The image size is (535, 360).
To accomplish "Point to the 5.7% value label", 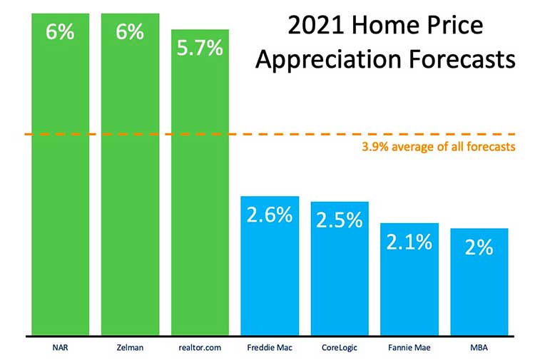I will pyautogui.click(x=200, y=48).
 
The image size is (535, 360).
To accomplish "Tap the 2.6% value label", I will pyautogui.click(x=270, y=214).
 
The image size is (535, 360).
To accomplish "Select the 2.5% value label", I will pyautogui.click(x=340, y=220).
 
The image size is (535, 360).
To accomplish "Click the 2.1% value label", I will pyautogui.click(x=409, y=242).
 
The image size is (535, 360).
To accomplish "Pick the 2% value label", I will pyautogui.click(x=479, y=247).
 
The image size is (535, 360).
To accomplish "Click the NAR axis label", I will pyautogui.click(x=61, y=348).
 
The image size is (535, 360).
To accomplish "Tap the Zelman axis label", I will pyautogui.click(x=130, y=348).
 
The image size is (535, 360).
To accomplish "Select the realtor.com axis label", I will pyautogui.click(x=200, y=348).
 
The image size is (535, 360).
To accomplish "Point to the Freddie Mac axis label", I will pyautogui.click(x=270, y=348).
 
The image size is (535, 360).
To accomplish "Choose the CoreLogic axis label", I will pyautogui.click(x=340, y=348).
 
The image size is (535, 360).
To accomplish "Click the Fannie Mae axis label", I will pyautogui.click(x=409, y=348).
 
